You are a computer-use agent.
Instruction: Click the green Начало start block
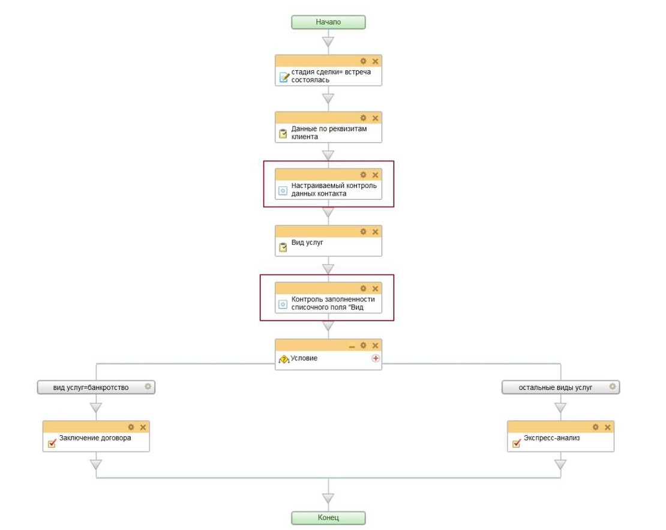point(328,22)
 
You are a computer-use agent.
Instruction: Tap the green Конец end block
point(328,517)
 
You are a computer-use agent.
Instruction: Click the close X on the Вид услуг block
point(375,232)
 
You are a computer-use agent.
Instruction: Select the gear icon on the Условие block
point(363,345)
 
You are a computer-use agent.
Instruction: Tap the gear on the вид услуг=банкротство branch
point(148,387)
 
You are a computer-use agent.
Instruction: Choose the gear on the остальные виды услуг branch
point(613,387)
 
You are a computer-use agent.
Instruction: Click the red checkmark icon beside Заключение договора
point(52,443)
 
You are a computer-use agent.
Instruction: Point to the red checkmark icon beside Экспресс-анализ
point(517,443)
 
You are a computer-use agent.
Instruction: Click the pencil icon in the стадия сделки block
point(284,77)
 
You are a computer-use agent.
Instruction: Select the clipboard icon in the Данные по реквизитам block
point(283,133)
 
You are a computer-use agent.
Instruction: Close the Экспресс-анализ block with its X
point(607,427)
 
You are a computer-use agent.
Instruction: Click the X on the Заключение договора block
point(143,427)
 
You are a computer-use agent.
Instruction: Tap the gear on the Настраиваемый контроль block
point(363,175)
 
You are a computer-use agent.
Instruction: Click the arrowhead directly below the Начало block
point(328,41)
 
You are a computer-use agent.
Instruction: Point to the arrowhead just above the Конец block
point(328,498)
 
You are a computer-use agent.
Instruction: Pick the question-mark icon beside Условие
point(284,360)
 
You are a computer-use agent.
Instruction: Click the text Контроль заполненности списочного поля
point(333,303)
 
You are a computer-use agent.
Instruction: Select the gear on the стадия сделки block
point(363,61)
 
